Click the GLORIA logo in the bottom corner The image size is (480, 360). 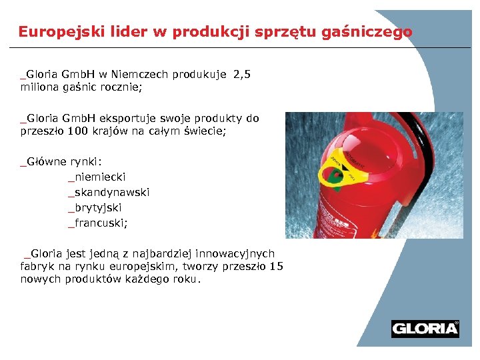[425, 329]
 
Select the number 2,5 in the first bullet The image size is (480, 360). [242, 75]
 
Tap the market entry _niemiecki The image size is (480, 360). [97, 177]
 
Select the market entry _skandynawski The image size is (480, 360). [109, 192]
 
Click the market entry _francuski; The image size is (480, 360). [97, 223]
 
